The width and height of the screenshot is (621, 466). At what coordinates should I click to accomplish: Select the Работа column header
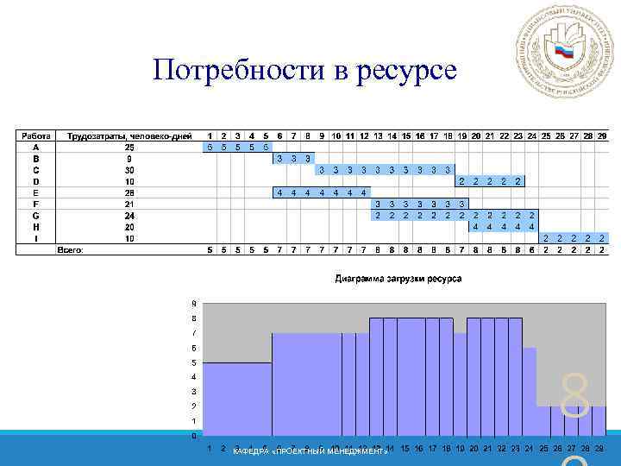tap(35, 136)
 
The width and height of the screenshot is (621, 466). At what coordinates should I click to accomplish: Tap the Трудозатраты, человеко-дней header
tap(129, 136)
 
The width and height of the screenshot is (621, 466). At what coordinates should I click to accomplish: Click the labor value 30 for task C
tap(129, 170)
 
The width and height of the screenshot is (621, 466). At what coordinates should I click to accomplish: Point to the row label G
tap(35, 215)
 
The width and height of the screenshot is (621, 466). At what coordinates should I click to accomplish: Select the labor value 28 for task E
tap(129, 192)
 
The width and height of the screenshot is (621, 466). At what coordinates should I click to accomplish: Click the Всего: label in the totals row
tap(70, 250)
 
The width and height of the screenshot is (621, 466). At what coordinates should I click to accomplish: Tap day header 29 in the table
tap(601, 136)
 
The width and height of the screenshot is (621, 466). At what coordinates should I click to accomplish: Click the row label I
tap(35, 237)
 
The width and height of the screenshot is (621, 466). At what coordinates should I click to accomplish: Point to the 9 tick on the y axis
tap(194, 303)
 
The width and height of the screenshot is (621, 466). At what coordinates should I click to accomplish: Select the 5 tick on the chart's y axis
tap(194, 362)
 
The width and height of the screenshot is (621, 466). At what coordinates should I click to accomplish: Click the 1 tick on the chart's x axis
tap(210, 449)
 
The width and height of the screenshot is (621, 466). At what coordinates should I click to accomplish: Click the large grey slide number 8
tap(575, 397)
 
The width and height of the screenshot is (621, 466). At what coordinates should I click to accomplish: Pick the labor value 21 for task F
tap(129, 204)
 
